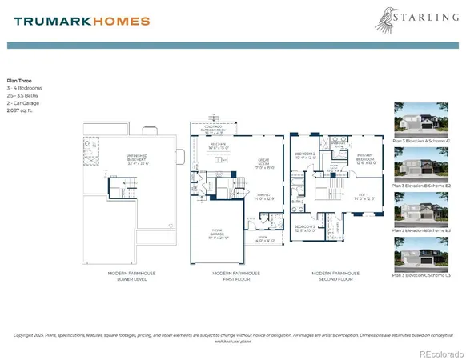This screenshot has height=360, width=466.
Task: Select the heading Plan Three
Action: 19,81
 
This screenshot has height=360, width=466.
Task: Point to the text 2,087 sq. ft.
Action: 20,110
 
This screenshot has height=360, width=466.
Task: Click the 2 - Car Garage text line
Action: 22,102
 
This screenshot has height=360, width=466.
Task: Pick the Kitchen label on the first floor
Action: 219,146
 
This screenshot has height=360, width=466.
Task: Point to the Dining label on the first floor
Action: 265,197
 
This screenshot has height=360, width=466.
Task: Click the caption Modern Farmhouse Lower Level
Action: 133,276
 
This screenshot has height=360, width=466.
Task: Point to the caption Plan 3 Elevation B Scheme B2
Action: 423,185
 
